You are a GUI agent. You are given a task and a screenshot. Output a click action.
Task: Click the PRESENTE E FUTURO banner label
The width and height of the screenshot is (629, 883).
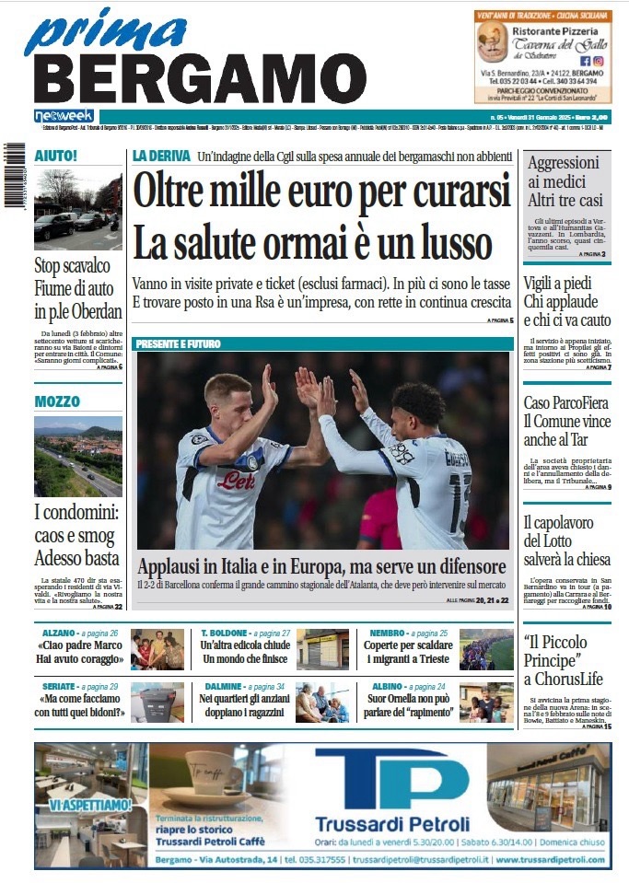[179, 343]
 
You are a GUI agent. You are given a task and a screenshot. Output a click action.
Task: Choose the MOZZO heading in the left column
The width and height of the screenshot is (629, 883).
[57, 401]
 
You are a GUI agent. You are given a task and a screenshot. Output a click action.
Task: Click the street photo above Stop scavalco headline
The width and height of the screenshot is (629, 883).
[78, 210]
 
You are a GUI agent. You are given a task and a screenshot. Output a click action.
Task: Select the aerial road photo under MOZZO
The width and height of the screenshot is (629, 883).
[78, 457]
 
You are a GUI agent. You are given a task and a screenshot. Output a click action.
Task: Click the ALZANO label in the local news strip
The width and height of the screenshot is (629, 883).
[61, 633]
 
